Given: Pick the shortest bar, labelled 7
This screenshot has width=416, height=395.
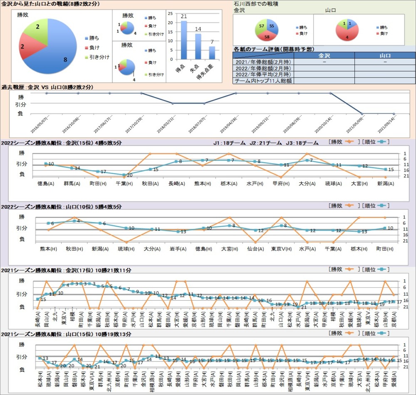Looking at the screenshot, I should point(212,53).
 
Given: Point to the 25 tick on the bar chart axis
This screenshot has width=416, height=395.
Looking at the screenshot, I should point(170,13).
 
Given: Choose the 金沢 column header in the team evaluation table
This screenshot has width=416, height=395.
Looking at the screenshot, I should point(324,55).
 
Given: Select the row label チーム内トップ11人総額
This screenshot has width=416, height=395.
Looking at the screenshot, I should point(263,81).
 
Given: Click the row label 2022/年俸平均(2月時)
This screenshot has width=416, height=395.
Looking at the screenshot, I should point(263,74).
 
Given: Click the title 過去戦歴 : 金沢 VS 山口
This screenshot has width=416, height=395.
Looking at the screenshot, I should point(47,87).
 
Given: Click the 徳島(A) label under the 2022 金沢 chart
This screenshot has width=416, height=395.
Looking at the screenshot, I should point(45,183).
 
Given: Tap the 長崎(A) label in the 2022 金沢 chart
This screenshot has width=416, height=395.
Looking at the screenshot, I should point(176,183).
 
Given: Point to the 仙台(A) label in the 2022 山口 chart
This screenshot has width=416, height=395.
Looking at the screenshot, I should point(255,249).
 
